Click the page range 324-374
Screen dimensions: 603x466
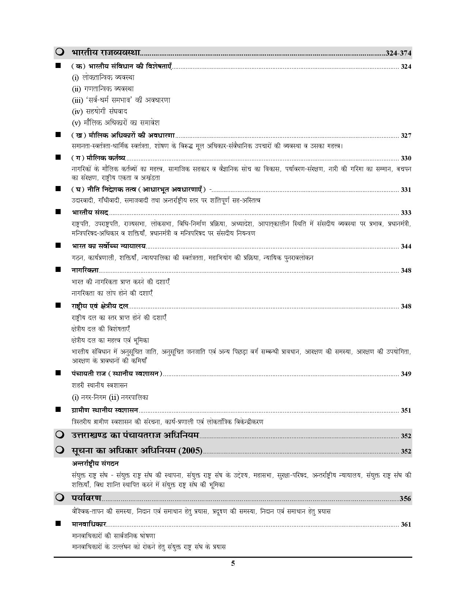point(398,53)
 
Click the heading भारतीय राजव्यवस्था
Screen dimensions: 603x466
point(106,52)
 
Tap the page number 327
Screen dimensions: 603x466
point(406,136)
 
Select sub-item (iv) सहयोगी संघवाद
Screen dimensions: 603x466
point(99,111)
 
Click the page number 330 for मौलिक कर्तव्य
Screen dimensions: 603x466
point(406,158)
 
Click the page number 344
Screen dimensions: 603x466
point(406,246)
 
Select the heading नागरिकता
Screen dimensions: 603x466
point(85,270)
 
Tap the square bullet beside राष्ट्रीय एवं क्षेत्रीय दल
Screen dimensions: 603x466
point(58,305)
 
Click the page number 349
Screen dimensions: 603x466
point(406,374)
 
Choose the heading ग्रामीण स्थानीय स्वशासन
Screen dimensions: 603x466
point(105,410)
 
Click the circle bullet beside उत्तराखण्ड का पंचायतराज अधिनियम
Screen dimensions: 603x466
point(60,435)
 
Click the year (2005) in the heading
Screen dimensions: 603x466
point(190,451)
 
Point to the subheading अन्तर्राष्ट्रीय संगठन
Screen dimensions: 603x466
point(95,463)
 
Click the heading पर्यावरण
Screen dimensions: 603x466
point(87,498)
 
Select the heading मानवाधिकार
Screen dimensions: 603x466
point(89,524)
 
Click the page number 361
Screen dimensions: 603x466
point(406,524)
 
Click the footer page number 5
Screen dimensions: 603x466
point(233,563)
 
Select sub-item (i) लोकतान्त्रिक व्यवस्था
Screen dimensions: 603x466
point(103,77)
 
